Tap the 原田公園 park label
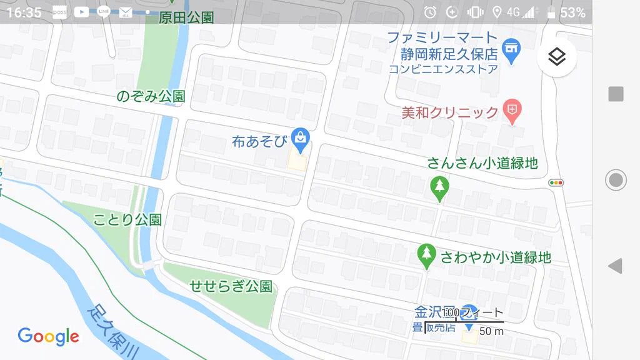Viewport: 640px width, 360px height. click(x=186, y=17)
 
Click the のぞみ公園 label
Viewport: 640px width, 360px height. click(x=151, y=97)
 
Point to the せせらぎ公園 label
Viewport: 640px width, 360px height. click(x=231, y=287)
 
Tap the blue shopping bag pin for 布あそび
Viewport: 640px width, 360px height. click(x=301, y=139)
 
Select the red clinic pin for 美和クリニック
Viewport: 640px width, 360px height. click(x=512, y=111)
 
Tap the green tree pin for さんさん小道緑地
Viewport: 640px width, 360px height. click(x=440, y=187)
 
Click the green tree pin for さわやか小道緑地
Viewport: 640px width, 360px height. click(x=427, y=254)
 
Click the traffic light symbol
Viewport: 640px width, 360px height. click(x=556, y=183)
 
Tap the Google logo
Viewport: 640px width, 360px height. click(x=48, y=336)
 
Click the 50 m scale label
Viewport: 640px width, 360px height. click(x=491, y=331)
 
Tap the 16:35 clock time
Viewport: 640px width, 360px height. click(x=24, y=12)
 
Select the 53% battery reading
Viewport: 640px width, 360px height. click(x=572, y=12)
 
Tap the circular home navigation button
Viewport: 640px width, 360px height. click(x=616, y=180)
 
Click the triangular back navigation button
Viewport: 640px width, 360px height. click(x=615, y=266)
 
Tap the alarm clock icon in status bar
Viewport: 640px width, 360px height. click(x=430, y=12)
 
